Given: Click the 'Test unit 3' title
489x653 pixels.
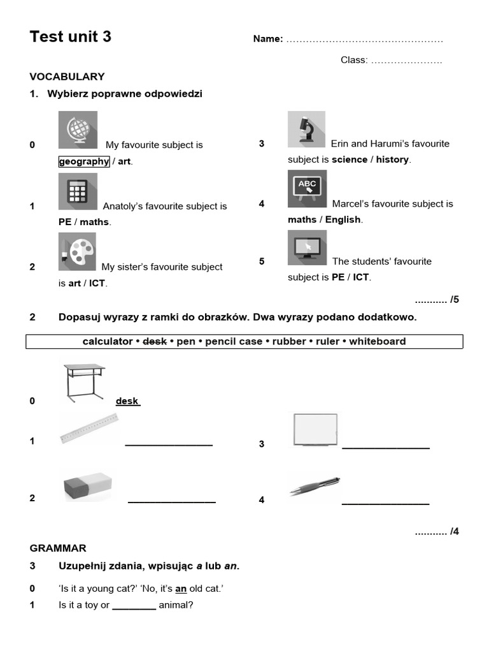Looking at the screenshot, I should click(x=71, y=37).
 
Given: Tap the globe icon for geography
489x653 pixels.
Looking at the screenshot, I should click(x=78, y=130).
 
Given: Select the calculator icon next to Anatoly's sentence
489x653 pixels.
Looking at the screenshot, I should click(x=78, y=191).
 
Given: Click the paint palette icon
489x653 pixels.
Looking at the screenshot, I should click(x=78, y=251).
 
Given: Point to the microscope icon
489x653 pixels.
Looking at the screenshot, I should click(x=306, y=129).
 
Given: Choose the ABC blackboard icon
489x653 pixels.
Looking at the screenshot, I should click(x=307, y=188).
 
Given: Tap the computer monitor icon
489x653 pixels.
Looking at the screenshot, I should click(x=307, y=247).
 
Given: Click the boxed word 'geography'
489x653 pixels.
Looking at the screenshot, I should click(x=84, y=161).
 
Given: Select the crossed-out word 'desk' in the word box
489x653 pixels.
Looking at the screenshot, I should click(x=155, y=341).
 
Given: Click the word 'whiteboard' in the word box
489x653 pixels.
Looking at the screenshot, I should click(x=377, y=341).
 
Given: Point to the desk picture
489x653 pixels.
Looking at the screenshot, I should click(x=84, y=382).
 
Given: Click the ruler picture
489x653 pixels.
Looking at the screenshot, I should click(x=89, y=428).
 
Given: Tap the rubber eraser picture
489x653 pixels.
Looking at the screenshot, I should click(x=88, y=487).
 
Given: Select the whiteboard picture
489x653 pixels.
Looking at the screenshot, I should click(x=315, y=430).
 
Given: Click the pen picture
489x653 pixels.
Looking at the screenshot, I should click(x=315, y=487).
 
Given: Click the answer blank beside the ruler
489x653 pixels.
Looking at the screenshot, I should click(x=169, y=443).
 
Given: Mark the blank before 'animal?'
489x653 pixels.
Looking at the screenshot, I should click(x=134, y=605).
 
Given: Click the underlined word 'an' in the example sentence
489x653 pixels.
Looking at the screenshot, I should click(x=181, y=589).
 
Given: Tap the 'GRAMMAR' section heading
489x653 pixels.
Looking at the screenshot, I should click(x=58, y=548).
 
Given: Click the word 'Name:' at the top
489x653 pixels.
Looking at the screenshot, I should click(x=268, y=39).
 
